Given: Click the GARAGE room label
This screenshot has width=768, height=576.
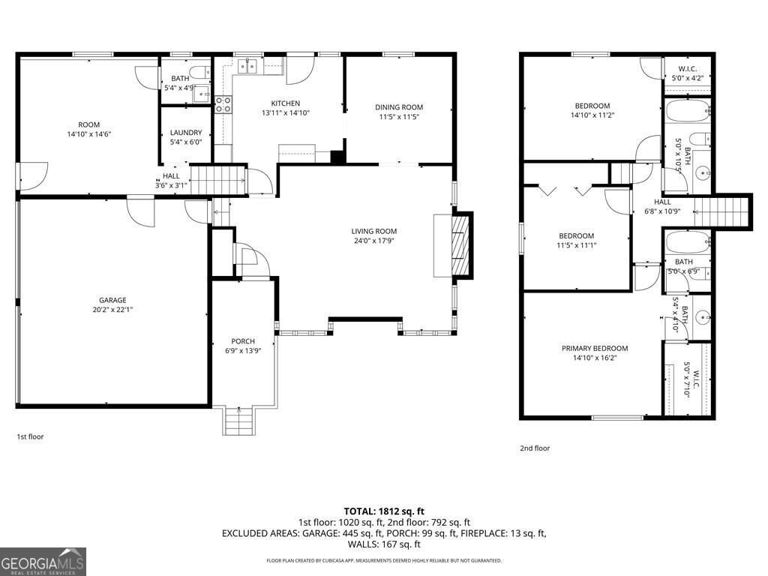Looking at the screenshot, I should click(x=112, y=300).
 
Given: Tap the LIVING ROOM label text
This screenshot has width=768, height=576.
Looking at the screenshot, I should click(x=373, y=231).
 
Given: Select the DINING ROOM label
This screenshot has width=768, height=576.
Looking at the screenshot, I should click(x=399, y=107).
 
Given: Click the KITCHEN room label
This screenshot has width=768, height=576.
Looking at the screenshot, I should click(x=285, y=103).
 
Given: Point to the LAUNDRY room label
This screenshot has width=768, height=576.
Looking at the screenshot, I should click(x=185, y=133).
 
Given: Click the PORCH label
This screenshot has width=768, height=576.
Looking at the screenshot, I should click(x=242, y=341).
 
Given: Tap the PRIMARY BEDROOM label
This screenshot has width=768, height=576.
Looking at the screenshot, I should click(x=595, y=348).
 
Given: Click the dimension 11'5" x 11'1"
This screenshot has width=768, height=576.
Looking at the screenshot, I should click(x=575, y=245).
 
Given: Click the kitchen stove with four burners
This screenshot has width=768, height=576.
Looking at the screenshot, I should click(x=223, y=104).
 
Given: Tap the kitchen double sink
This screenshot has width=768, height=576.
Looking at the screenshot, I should click(x=248, y=67).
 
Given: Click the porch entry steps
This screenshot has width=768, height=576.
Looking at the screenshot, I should click(x=239, y=421).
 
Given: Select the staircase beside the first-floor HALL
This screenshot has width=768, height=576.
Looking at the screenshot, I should click(x=217, y=181).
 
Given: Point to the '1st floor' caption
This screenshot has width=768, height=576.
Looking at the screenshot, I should click(x=30, y=436).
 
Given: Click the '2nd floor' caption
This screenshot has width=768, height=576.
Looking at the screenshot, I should click(x=535, y=448).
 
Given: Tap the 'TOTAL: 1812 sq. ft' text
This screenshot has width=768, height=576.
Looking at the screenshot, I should click(x=384, y=511).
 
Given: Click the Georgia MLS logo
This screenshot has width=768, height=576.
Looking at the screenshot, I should click(x=43, y=562).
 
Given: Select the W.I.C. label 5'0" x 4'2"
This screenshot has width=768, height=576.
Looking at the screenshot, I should click(x=686, y=73).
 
